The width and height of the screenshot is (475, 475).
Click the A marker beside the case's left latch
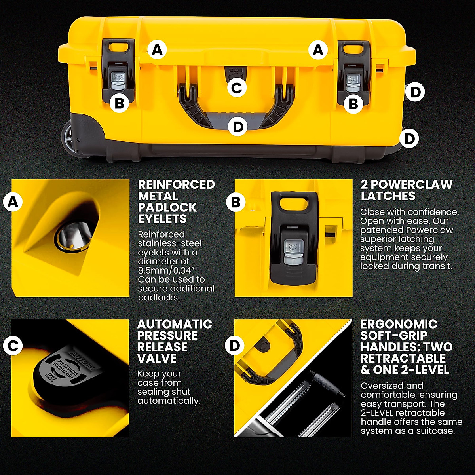157,50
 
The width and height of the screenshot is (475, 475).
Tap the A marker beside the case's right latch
318,50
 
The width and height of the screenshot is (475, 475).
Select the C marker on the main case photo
237,87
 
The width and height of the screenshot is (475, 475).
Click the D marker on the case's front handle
237,127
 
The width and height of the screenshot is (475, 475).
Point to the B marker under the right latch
353,104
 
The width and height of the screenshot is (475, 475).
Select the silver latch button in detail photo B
293,253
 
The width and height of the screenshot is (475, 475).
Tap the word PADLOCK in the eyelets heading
167,207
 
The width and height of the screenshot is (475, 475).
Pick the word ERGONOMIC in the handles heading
399,324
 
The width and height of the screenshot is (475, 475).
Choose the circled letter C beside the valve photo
13,346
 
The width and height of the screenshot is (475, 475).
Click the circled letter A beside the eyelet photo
13,202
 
